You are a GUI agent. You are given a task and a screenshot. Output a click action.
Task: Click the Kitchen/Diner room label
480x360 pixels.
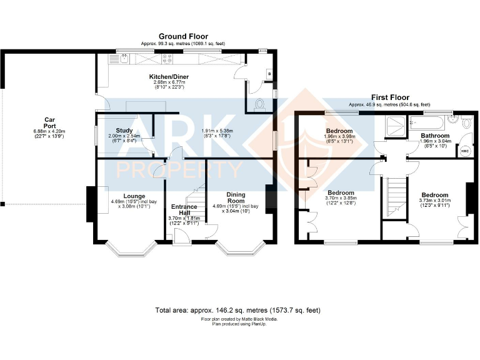[169, 77]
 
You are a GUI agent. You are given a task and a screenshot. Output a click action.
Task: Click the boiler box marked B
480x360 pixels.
[268, 72]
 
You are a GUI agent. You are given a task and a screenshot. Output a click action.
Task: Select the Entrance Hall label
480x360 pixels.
[184, 210]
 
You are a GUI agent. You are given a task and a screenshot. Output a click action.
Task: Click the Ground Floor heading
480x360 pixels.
[182, 37]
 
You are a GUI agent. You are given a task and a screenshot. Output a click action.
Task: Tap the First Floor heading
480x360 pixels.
[389, 97]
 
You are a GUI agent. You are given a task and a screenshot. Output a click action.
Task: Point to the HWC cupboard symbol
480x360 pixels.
[464, 151]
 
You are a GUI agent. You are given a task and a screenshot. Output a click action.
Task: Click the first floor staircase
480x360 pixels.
[394, 197]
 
